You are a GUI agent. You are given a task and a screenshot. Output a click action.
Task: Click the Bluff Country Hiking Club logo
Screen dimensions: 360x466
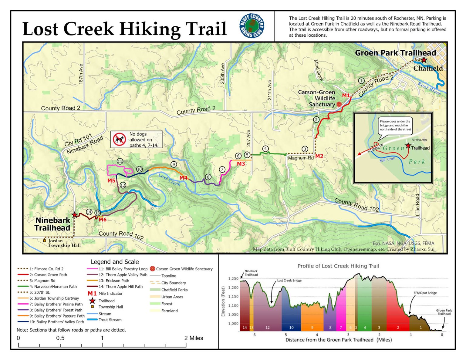(252, 26)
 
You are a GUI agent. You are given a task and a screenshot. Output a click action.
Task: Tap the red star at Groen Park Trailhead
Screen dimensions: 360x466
(424, 60)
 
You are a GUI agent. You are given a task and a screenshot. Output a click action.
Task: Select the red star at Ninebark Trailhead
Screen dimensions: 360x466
(74, 215)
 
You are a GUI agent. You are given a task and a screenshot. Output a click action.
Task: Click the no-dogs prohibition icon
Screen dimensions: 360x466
(120, 139)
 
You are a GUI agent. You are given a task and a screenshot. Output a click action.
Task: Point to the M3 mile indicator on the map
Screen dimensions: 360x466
(241, 164)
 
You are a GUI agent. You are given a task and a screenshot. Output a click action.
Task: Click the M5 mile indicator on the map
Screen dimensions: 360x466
(111, 180)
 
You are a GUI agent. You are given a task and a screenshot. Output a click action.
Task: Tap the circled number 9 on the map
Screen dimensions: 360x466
(174, 164)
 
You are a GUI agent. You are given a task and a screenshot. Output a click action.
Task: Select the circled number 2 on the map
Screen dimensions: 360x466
(316, 119)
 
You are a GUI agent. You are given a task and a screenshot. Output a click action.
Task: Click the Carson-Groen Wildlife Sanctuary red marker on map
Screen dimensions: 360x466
(339, 104)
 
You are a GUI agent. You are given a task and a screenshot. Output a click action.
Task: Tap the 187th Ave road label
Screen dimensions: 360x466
(81, 74)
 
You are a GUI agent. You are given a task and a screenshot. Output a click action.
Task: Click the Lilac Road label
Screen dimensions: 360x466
(417, 205)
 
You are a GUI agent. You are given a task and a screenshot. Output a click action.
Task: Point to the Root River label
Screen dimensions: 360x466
(429, 88)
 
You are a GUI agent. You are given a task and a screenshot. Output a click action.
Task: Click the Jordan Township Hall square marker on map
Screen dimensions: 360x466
(45, 240)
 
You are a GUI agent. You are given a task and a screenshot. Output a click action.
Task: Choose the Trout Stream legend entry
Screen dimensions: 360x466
(110, 320)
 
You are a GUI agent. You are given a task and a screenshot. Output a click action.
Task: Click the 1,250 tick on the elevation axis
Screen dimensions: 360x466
(233, 278)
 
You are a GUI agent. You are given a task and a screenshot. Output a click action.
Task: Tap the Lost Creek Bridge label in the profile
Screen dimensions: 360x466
(289, 281)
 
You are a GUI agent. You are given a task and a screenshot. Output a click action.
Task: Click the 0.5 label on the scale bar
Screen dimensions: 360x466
(60, 338)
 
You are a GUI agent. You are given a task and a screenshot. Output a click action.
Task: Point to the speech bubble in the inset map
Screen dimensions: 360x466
(395, 125)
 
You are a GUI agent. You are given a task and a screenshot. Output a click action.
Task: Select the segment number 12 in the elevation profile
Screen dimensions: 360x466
(267, 328)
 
